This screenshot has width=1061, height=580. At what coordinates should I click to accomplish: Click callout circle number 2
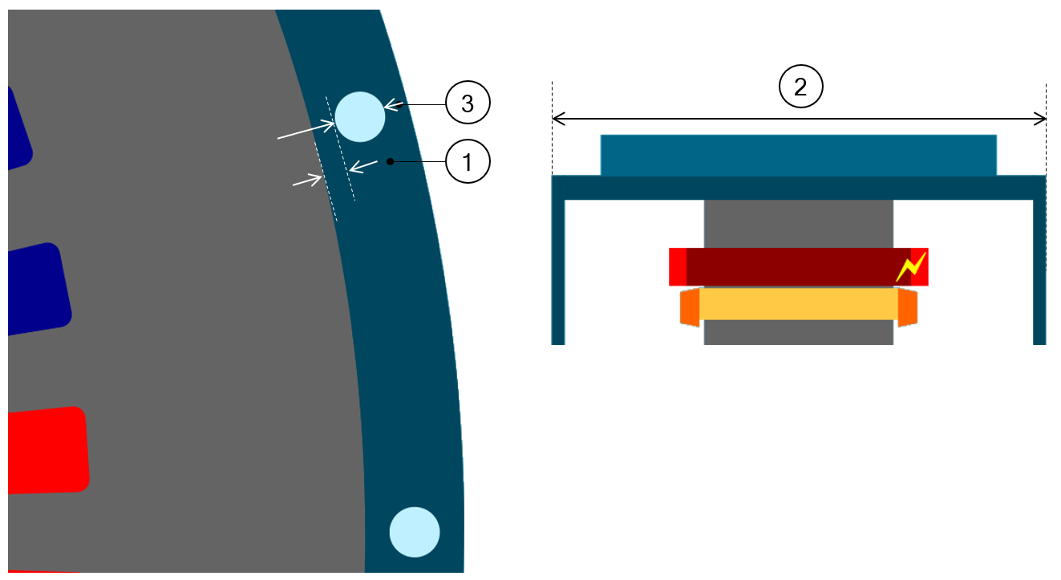[800, 87]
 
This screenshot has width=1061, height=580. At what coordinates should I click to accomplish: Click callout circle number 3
[468, 103]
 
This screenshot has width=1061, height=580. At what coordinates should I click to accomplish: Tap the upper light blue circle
[360, 116]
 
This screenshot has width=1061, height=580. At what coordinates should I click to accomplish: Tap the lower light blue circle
[415, 532]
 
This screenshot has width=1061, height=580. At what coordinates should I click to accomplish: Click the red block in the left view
[47, 450]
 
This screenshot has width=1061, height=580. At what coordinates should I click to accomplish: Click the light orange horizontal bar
[798, 304]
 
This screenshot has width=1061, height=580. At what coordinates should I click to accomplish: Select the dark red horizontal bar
[798, 266]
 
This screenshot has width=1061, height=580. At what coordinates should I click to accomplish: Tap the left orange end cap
[690, 308]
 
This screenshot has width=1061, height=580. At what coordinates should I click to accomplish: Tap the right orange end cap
[907, 308]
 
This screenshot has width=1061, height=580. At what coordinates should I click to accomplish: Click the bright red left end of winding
[678, 266]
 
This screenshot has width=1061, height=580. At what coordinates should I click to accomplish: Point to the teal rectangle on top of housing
[798, 155]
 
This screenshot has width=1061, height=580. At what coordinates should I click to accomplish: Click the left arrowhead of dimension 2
[557, 120]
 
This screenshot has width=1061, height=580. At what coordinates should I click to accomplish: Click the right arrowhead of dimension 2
[1042, 120]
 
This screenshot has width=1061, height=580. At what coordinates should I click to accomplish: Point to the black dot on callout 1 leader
[390, 162]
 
